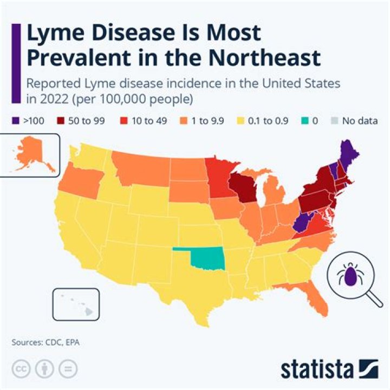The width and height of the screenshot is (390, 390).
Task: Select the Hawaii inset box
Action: click(76, 305)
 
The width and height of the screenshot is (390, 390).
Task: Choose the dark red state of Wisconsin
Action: click(242, 187)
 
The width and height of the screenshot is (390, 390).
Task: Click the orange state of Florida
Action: click(316, 296)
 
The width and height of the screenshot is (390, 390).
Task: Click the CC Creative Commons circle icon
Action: click(21, 368)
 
